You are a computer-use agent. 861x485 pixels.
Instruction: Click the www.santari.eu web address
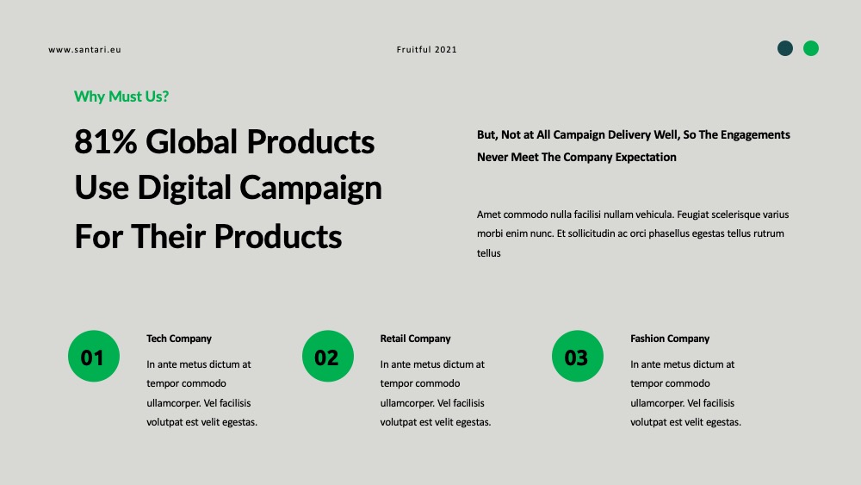[x=84, y=49]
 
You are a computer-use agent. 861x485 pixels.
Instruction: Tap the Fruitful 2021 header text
[x=427, y=49]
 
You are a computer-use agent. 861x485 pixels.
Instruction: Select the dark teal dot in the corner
[x=785, y=48]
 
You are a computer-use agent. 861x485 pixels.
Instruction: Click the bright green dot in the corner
[x=811, y=48]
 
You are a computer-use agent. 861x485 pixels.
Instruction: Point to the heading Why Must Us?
[x=121, y=96]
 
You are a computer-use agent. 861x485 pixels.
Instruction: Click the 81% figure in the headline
[x=105, y=142]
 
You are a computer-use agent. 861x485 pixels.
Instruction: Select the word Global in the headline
[x=191, y=142]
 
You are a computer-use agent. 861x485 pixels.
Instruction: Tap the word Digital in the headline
[x=184, y=188]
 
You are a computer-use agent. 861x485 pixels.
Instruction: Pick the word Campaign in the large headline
[x=311, y=188]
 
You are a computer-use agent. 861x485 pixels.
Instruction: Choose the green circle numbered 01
[x=94, y=356]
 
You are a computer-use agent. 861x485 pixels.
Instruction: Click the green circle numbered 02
[x=328, y=356]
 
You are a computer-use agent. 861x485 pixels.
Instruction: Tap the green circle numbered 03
[x=578, y=356]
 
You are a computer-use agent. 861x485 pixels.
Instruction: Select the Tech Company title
[x=179, y=339]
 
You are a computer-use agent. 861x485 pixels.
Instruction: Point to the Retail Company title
[x=415, y=339]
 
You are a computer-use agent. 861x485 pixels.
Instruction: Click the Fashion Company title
[x=670, y=339]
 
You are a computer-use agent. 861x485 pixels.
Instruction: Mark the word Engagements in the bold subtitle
[x=755, y=135]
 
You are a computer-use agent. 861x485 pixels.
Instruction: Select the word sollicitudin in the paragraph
[x=592, y=233]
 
